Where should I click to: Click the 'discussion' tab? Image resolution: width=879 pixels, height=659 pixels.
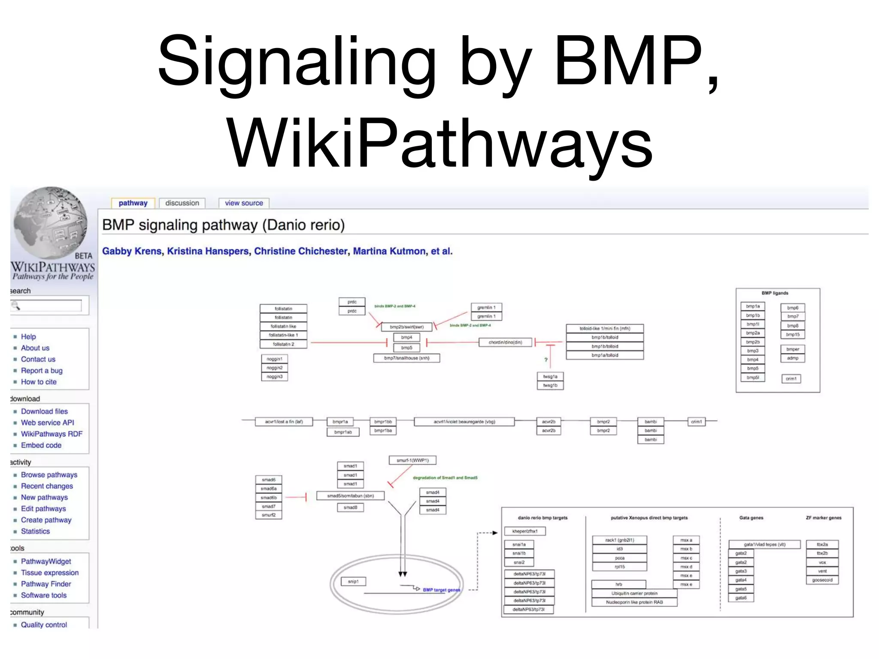click(x=182, y=203)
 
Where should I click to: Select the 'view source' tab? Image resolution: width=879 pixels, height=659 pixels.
click(x=244, y=203)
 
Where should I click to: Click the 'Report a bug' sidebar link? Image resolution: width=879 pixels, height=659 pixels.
click(x=42, y=370)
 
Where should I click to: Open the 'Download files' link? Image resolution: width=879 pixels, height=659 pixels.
click(x=44, y=411)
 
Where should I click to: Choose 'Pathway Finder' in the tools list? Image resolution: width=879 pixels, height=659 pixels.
click(x=46, y=584)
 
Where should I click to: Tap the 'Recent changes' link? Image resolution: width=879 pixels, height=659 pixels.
click(x=47, y=486)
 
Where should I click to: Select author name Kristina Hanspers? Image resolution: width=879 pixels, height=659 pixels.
click(x=208, y=251)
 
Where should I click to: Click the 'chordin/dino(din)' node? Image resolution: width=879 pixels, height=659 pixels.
click(x=505, y=342)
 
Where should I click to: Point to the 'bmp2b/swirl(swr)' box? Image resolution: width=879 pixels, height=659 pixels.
click(x=406, y=327)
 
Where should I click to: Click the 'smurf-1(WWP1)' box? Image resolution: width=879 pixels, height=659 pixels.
click(x=412, y=460)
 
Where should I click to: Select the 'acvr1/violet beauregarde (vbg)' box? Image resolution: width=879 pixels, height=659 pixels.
click(x=464, y=422)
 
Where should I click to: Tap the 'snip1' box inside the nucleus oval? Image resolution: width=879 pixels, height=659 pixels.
click(x=353, y=581)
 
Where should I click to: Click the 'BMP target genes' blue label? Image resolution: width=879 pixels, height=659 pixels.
click(x=441, y=590)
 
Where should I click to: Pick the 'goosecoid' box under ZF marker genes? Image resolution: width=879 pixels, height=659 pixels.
click(x=822, y=580)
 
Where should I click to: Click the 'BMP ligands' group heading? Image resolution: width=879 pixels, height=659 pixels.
click(x=775, y=293)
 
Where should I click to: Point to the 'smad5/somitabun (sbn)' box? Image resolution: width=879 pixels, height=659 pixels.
click(x=350, y=496)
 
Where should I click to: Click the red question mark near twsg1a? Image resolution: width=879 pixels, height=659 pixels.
click(x=546, y=360)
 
